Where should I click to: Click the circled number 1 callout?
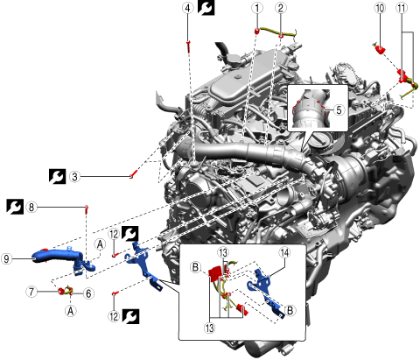pos(257,8)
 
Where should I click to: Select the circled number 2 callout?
pos(281,8)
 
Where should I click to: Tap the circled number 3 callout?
pos(75,177)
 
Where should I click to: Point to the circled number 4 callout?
pos(188,8)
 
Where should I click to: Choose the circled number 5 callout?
pos(339,110)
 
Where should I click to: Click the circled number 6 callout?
pos(88,293)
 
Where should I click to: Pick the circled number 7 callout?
pos(31,292)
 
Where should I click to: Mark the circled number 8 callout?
pos(31,208)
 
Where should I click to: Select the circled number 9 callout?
pos(7,258)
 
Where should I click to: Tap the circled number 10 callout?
pos(380,8)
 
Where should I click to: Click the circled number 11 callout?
pos(402,8)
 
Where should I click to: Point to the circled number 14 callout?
pos(284,253)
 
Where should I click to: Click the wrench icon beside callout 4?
pos(206,8)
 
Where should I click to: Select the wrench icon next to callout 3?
pos(57,176)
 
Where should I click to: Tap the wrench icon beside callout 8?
pos(15,207)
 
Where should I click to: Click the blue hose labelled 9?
pos(63,259)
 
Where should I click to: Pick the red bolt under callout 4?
pos(188,46)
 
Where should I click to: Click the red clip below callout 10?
pos(380,49)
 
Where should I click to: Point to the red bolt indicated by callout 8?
pos(87,209)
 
